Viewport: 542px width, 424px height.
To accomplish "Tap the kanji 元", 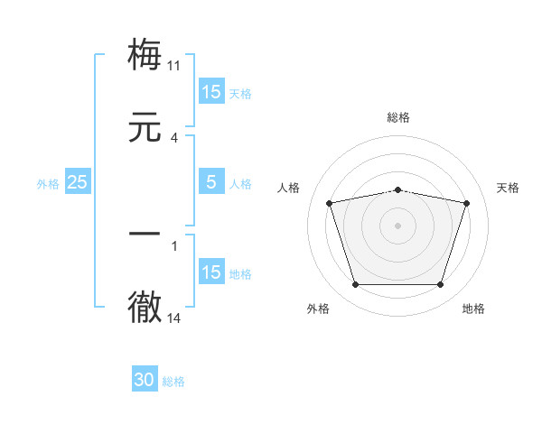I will tap(145, 127).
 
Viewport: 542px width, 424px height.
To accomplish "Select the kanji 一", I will tap(145, 235).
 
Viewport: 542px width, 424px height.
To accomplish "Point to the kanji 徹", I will tap(145, 307).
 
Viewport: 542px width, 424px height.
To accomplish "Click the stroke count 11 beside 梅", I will tap(174, 66).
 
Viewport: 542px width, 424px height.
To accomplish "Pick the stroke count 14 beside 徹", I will tap(174, 318).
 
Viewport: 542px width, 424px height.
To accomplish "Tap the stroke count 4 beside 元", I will tap(174, 138).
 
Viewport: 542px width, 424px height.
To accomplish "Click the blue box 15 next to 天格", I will tap(211, 92).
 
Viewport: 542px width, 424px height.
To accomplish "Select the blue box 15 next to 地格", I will tap(211, 272).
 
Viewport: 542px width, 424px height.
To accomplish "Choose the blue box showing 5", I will tap(211, 182).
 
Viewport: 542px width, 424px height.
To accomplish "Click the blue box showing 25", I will tap(78, 182).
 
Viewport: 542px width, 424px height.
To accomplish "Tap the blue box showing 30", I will tap(145, 380).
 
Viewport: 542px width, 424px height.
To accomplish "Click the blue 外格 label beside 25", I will tap(48, 184).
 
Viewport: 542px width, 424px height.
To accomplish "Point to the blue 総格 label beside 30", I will tap(173, 382).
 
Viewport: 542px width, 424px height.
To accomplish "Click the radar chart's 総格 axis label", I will tap(398, 117).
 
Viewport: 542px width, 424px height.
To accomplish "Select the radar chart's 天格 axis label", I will tap(509, 188).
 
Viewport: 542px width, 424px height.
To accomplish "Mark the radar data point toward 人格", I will tap(329, 203).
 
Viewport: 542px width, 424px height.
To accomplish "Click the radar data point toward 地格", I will tap(441, 285).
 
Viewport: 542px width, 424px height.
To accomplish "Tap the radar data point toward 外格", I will tap(355, 285).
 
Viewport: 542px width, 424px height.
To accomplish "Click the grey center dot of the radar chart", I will tap(398, 226).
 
